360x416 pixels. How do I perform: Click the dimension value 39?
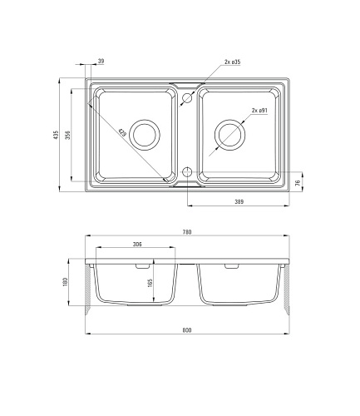(x=101, y=61)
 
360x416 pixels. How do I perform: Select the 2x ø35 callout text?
(x=232, y=62)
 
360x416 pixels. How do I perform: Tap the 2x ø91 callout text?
(x=259, y=111)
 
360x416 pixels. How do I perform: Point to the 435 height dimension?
(x=57, y=135)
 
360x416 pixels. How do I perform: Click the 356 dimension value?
(x=68, y=135)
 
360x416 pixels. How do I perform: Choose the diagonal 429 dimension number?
(x=122, y=132)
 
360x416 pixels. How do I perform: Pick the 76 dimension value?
(x=298, y=183)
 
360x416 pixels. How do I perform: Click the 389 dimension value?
(x=239, y=201)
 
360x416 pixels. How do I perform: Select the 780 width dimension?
(x=187, y=232)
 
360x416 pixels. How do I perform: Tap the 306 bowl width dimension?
(x=137, y=244)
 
